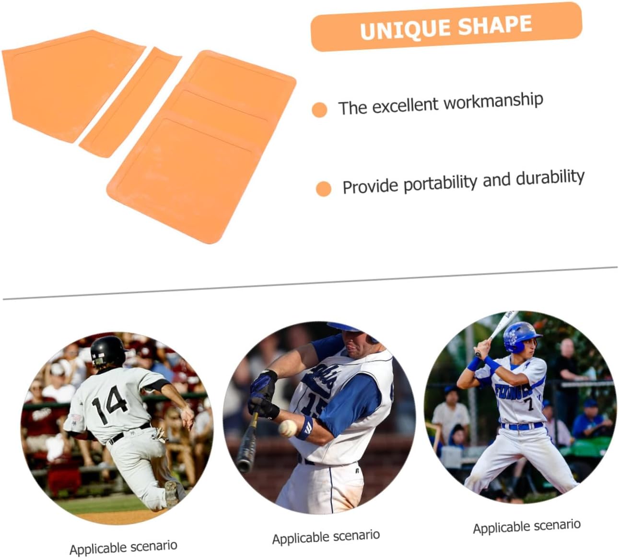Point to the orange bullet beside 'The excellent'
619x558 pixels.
coord(319,109)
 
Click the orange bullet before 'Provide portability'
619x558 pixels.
coord(324,189)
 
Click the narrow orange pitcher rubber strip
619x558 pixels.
coord(129,102)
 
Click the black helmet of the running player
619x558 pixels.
coord(107,350)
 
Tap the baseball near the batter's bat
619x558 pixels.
coord(288,427)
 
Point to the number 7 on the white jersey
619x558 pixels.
coord(530,403)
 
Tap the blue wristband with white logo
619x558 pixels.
coord(304,427)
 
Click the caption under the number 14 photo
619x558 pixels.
coord(123,546)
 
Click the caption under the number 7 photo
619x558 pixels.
coord(526,526)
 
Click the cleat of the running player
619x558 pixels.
coord(172,493)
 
